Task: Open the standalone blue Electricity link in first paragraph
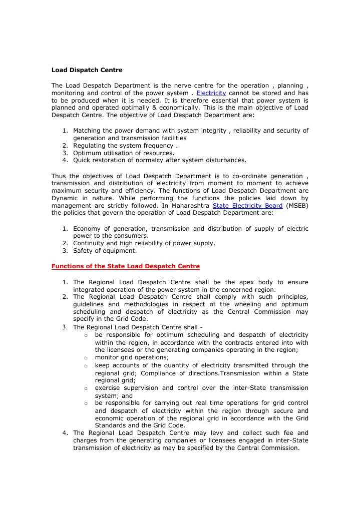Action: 211,93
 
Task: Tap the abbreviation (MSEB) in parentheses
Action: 297,205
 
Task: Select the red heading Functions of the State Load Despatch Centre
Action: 126,266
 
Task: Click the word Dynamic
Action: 65,198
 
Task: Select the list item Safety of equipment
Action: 105,251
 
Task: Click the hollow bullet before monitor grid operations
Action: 86,358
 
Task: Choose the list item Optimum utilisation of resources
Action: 124,153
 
